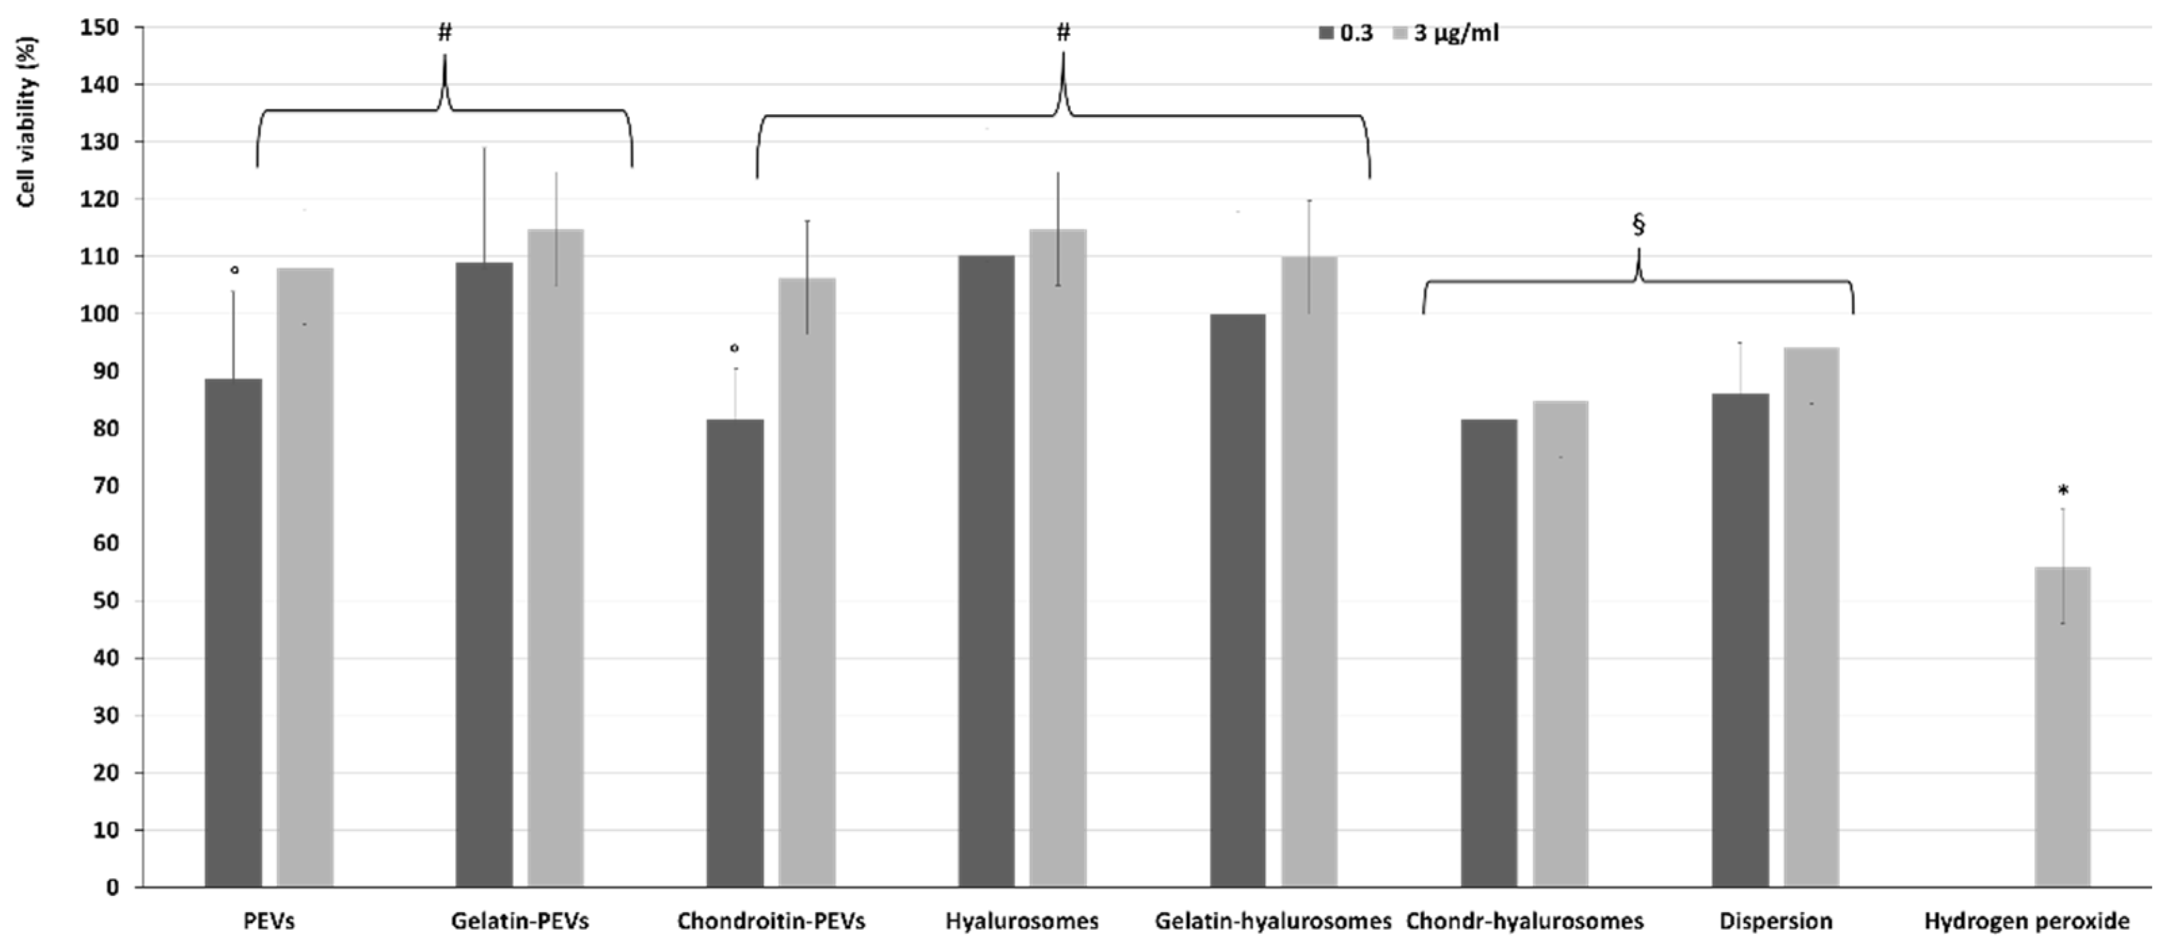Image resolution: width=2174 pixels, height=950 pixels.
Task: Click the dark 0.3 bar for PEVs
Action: tap(233, 633)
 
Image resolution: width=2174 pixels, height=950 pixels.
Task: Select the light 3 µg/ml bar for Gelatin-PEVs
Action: tap(555, 557)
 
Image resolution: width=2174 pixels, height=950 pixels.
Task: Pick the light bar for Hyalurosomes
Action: tap(1057, 557)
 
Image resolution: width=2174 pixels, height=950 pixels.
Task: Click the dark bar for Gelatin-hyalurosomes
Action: tap(1237, 600)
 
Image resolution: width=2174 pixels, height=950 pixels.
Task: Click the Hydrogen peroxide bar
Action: tap(2062, 726)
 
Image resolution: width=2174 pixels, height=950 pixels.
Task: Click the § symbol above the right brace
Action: tap(1639, 224)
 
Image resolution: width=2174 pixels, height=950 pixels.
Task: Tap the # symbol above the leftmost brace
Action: tap(445, 33)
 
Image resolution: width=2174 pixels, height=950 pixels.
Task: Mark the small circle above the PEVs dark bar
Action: tap(235, 270)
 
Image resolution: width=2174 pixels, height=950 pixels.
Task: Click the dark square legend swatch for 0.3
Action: tap(1326, 34)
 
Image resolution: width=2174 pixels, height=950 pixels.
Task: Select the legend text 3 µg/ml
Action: tap(1456, 34)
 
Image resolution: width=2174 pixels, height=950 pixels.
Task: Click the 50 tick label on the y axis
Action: tap(108, 601)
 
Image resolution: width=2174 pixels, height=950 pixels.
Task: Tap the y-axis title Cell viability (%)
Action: tap(27, 121)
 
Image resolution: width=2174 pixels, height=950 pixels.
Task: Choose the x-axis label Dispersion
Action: tap(1776, 920)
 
